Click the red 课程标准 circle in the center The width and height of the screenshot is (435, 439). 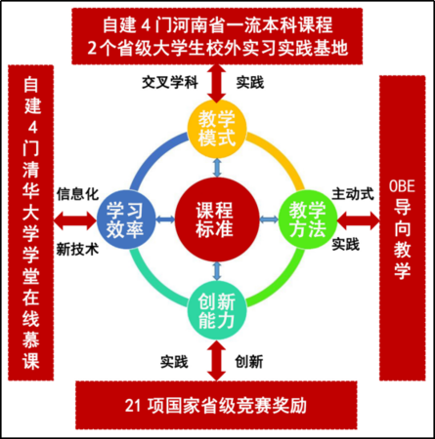coord(217,219)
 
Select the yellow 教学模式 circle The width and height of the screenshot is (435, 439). coord(217,129)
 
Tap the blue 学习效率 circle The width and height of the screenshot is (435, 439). coord(126,219)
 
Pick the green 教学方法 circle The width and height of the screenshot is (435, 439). coord(308,219)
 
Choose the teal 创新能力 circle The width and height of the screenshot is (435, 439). coord(217,310)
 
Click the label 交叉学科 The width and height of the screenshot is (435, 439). coord(170,83)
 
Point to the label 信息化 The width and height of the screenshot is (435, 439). coord(77,194)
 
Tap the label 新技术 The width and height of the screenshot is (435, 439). coord(77,250)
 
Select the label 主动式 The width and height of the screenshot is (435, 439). coord(353,194)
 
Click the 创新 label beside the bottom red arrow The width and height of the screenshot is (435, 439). coord(249,362)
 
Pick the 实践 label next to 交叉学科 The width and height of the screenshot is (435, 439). coord(250,83)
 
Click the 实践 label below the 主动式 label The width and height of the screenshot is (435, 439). coord(346,244)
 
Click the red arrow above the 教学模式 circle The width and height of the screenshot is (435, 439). coord(217,84)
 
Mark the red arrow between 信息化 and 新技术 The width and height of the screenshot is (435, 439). coord(75,220)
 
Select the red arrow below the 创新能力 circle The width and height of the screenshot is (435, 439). coord(217,360)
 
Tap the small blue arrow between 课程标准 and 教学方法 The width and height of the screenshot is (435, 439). coord(269,219)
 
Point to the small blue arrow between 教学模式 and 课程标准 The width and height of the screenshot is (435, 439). coord(217,168)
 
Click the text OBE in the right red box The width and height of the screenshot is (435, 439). coord(402,186)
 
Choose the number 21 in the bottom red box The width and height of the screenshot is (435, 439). coord(134,406)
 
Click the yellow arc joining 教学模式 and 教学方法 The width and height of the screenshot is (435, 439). coord(281,156)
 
